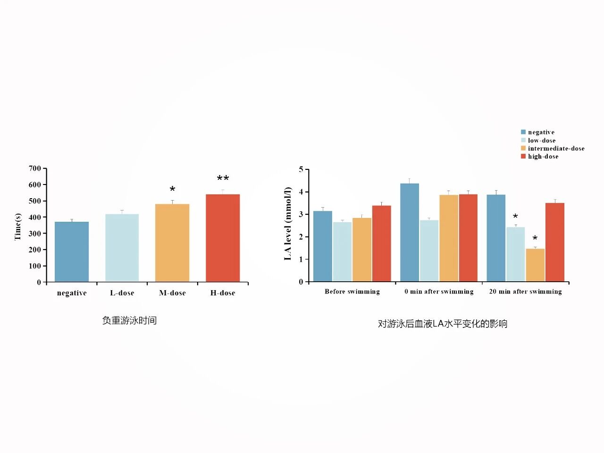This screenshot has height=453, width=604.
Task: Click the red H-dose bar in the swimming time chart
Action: click(223, 238)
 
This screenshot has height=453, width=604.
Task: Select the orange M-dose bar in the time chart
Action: click(172, 243)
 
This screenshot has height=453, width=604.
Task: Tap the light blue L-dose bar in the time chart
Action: click(122, 247)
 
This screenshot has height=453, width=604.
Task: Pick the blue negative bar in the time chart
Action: click(72, 252)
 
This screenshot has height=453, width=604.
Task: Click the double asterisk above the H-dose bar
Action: click(223, 179)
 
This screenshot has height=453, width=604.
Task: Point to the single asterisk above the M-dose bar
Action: click(172, 189)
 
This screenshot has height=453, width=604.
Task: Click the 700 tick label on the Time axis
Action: click(35, 168)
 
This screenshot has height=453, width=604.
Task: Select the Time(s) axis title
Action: click(18, 226)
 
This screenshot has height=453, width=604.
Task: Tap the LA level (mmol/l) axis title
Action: click(288, 224)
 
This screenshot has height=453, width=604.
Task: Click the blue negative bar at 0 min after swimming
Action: click(410, 232)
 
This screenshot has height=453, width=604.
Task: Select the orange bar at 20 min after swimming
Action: click(535, 265)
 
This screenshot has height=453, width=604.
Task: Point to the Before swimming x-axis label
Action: click(352, 292)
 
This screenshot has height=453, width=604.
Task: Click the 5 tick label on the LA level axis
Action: click(301, 169)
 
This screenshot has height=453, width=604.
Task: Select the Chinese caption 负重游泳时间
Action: click(129, 321)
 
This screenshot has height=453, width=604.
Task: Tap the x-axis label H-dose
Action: click(223, 293)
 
